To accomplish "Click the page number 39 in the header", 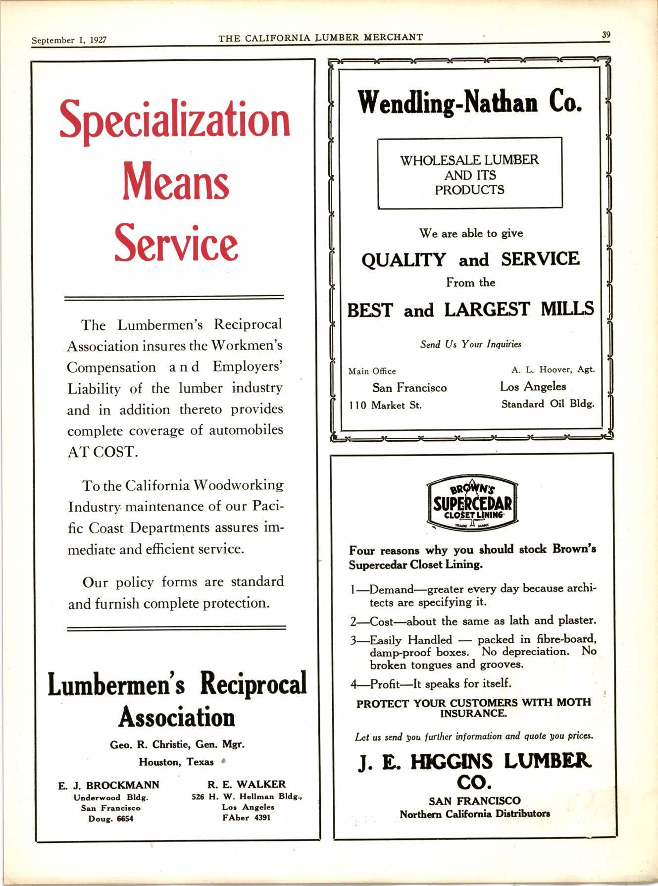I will (x=606, y=35).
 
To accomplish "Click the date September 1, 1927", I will (x=69, y=40).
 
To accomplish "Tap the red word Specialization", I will (x=175, y=119).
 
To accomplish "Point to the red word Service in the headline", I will (x=176, y=242).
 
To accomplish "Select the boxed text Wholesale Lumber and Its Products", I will (x=469, y=175).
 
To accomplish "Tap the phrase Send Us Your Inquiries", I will (x=470, y=344).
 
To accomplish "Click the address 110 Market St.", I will (x=385, y=405).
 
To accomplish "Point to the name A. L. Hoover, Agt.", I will (x=553, y=369).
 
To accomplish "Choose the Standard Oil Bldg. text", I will (x=548, y=404).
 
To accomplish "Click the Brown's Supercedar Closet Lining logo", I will (x=472, y=504).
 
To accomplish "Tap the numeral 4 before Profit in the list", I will (x=354, y=684).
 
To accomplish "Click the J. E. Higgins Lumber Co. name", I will (x=474, y=772).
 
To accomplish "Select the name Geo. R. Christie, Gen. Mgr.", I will (x=177, y=744).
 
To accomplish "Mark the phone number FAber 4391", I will (x=247, y=818).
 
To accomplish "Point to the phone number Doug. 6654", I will (x=110, y=819).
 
